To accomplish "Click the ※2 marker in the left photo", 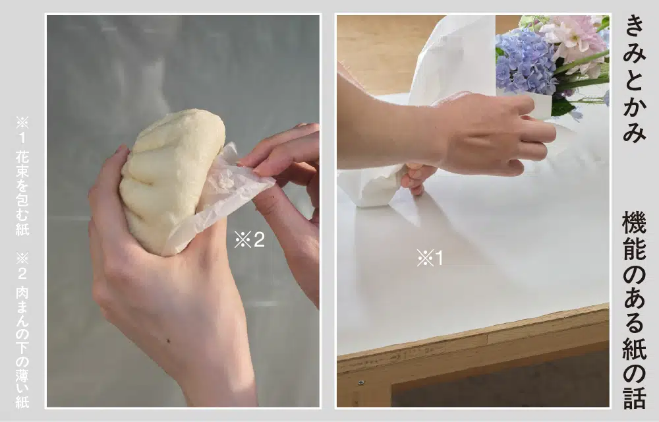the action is click(x=250, y=239).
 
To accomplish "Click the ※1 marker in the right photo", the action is click(x=430, y=258).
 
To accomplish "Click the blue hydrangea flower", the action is click(x=525, y=61).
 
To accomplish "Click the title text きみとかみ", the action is click(x=634, y=79).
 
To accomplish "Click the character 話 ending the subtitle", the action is click(x=634, y=395).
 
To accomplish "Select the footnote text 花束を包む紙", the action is click(x=22, y=193).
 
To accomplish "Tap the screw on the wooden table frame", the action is click(x=361, y=383).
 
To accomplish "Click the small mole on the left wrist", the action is click(x=169, y=340).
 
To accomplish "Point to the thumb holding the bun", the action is click(x=110, y=177).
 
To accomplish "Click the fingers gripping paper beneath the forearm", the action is click(x=414, y=179).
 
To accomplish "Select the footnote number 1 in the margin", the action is click(x=22, y=137).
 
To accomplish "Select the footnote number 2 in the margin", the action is click(x=22, y=274).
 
